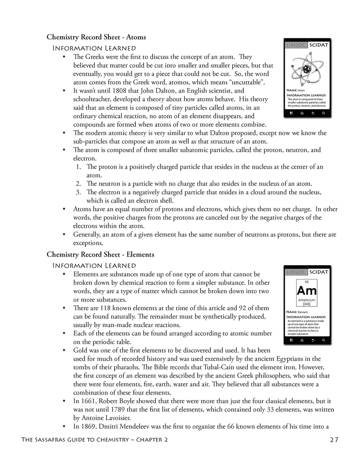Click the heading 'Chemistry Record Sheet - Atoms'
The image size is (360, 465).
[96, 37]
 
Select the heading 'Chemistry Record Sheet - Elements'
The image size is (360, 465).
[100, 254]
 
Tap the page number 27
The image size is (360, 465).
[334, 439]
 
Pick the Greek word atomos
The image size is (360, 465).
[183, 82]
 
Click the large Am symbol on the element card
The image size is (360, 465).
[307, 291]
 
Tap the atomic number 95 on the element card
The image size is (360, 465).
[307, 282]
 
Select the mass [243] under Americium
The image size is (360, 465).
[307, 304]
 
